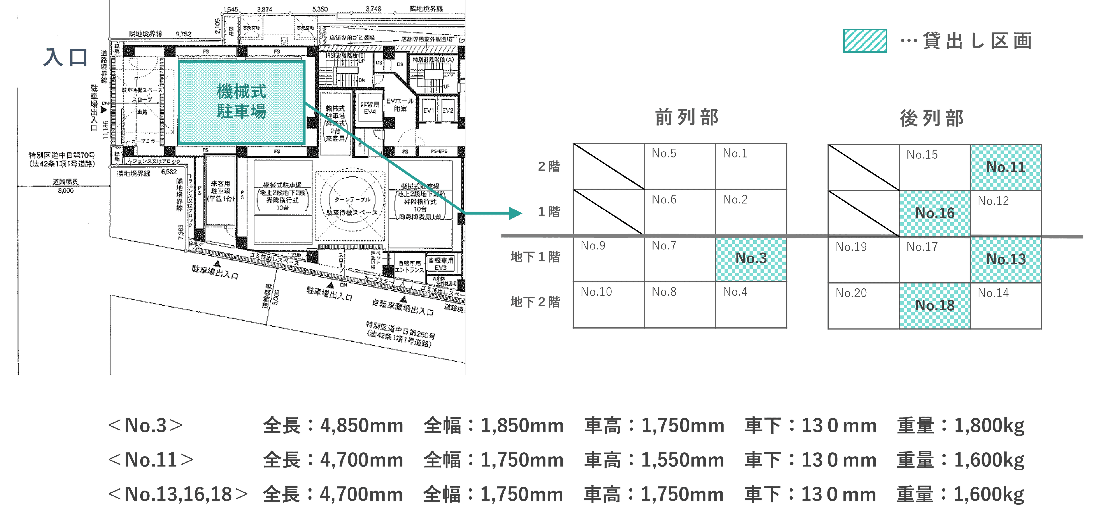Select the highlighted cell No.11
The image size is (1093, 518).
(x=1006, y=168)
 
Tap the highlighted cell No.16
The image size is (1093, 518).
(x=935, y=213)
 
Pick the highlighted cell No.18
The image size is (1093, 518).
(x=935, y=306)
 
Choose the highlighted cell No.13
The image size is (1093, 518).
(x=1006, y=259)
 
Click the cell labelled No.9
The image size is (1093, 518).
(x=608, y=259)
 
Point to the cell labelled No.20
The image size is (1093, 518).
(x=864, y=306)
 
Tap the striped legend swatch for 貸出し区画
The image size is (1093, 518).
(x=864, y=41)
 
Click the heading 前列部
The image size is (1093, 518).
(x=687, y=117)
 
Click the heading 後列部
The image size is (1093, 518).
(x=932, y=118)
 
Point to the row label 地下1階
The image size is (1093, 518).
(x=535, y=257)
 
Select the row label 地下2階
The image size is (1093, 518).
(x=535, y=302)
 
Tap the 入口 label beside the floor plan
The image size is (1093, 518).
(x=65, y=57)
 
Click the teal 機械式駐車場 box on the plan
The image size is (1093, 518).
(x=241, y=102)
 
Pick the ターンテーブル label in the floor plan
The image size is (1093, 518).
(x=352, y=199)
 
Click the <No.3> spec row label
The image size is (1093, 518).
(x=145, y=425)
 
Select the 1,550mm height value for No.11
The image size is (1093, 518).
(x=682, y=460)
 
